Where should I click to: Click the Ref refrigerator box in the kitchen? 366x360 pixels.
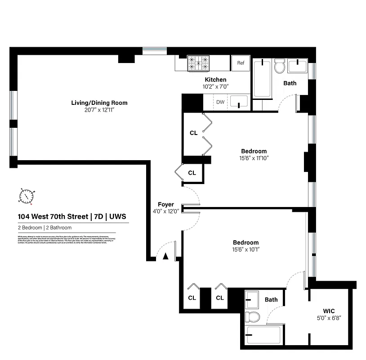(x=241, y=63)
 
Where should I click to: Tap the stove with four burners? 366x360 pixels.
(x=198, y=63)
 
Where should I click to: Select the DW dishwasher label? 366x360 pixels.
(x=220, y=102)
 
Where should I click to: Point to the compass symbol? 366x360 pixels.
(x=27, y=196)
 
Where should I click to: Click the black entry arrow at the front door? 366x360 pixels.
(x=165, y=256)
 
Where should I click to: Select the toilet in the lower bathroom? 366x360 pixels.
(x=252, y=316)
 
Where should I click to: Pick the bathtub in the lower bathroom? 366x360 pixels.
(x=263, y=335)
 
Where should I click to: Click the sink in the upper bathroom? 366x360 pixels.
(x=297, y=67)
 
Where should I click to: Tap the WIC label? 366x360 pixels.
(x=329, y=311)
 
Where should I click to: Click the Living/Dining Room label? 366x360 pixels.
(x=99, y=103)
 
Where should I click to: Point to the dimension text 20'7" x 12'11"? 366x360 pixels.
(x=99, y=110)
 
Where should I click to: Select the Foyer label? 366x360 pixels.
(x=165, y=204)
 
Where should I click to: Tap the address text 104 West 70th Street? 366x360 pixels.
(x=53, y=216)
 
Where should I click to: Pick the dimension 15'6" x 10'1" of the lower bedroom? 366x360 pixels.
(x=246, y=249)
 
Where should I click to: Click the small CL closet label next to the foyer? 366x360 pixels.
(x=192, y=173)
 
